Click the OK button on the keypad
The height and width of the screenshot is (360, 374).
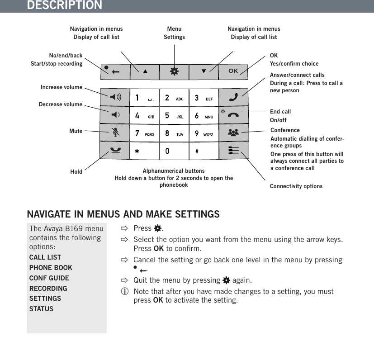click(x=233, y=71)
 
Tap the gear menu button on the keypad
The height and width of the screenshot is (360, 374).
click(x=174, y=71)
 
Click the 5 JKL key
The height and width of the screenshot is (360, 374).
click(x=174, y=115)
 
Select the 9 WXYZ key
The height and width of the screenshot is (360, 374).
click(x=204, y=133)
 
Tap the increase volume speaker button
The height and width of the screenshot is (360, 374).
click(x=115, y=97)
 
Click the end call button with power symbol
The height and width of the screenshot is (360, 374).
click(x=233, y=115)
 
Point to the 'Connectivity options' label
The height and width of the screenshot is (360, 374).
click(x=296, y=186)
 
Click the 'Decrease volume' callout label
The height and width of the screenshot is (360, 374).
click(x=61, y=104)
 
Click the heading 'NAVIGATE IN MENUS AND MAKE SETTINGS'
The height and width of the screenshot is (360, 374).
click(x=123, y=213)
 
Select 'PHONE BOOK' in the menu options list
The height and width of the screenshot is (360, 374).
click(x=51, y=268)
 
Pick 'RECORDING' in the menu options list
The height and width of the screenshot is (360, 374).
click(x=48, y=289)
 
